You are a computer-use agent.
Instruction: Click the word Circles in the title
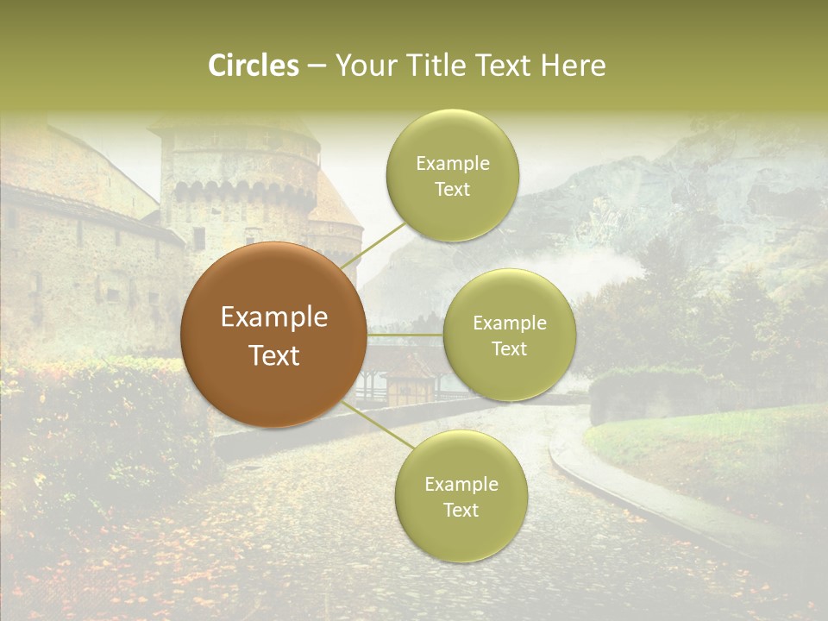tap(254, 66)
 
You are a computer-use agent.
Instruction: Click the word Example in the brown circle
tap(274, 317)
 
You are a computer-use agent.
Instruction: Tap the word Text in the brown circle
tap(274, 355)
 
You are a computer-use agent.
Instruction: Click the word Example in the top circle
tap(453, 164)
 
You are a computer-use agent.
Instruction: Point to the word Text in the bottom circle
tap(461, 511)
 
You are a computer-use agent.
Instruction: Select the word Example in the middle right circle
tap(510, 323)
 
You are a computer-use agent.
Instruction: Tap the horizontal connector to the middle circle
tap(405, 335)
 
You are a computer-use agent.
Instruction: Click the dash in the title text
tap(317, 66)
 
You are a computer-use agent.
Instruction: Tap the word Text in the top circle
tap(452, 190)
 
